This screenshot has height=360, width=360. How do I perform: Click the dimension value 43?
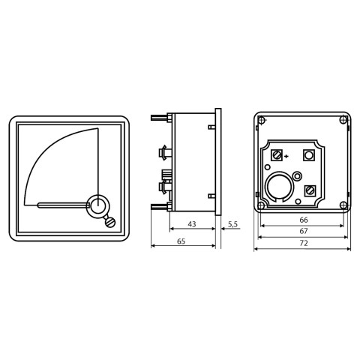(x=192, y=224)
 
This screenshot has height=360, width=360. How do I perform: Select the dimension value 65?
(x=181, y=241)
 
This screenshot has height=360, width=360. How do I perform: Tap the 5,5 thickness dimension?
(x=232, y=224)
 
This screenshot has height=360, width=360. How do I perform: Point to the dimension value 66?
(x=304, y=220)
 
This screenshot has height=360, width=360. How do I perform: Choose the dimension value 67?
(x=304, y=231)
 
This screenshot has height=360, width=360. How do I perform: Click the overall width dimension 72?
(x=304, y=243)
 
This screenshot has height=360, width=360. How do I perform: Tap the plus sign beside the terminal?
(x=286, y=157)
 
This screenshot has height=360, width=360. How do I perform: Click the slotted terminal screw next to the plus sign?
(x=277, y=155)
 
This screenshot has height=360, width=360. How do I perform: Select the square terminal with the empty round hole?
(x=309, y=155)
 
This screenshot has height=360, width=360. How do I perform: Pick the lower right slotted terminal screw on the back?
(x=310, y=190)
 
